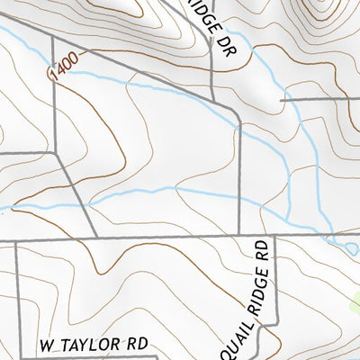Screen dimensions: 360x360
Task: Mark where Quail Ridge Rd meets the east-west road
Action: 274,237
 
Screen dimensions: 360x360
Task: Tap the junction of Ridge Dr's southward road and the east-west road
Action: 239,237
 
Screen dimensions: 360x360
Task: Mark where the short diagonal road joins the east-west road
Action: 95,238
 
